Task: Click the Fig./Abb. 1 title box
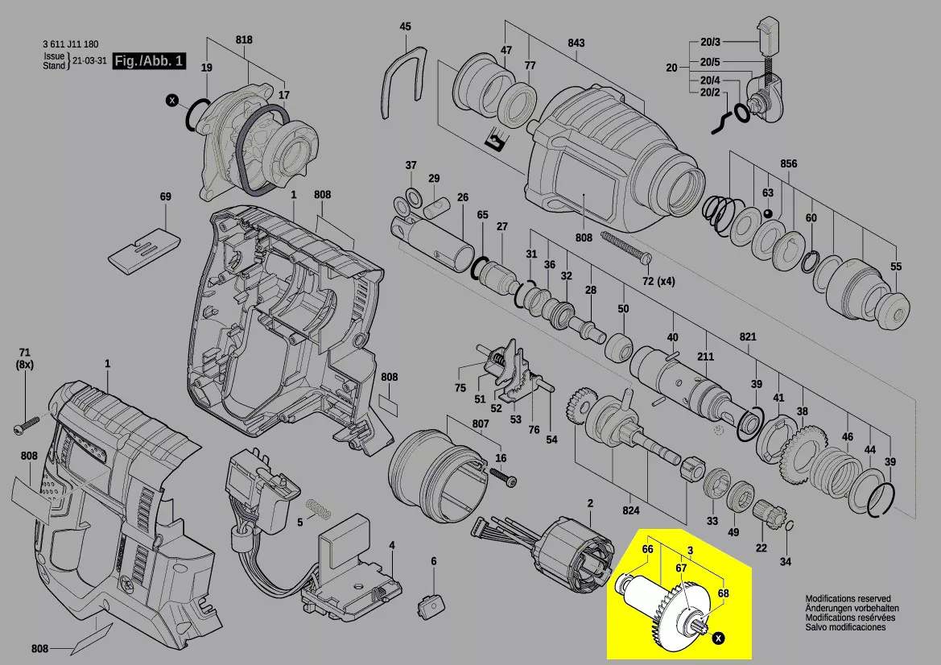[149, 61]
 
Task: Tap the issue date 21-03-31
[90, 61]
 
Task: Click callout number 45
[406, 27]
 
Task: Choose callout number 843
[598, 43]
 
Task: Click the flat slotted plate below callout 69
[143, 251]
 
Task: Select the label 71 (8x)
[24, 358]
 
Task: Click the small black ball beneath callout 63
[769, 213]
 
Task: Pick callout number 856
[788, 164]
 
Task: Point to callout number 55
[896, 266]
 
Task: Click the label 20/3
[710, 42]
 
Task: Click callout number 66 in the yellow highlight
[647, 549]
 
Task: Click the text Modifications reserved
[848, 599]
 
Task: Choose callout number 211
[706, 357]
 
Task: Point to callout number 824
[631, 510]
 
